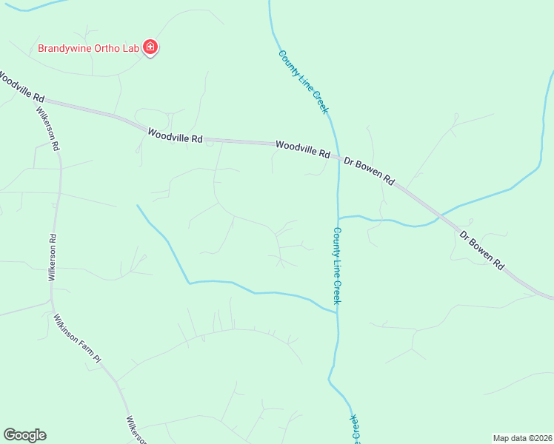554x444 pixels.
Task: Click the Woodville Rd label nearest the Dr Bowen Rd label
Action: click(302, 149)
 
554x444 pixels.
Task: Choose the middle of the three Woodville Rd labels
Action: click(175, 135)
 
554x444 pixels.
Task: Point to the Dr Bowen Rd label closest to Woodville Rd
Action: click(369, 169)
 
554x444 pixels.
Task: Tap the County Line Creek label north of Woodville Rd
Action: click(302, 81)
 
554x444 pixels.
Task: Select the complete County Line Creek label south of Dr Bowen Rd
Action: click(336, 265)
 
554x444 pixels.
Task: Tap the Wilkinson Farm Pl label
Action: click(76, 338)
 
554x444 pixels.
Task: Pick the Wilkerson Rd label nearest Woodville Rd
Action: click(47, 129)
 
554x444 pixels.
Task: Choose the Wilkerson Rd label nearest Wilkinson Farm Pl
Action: click(52, 257)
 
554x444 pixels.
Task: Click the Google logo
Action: click(24, 435)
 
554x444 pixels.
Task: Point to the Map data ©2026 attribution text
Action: click(523, 437)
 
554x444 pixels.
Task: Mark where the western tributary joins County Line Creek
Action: click(337, 312)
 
